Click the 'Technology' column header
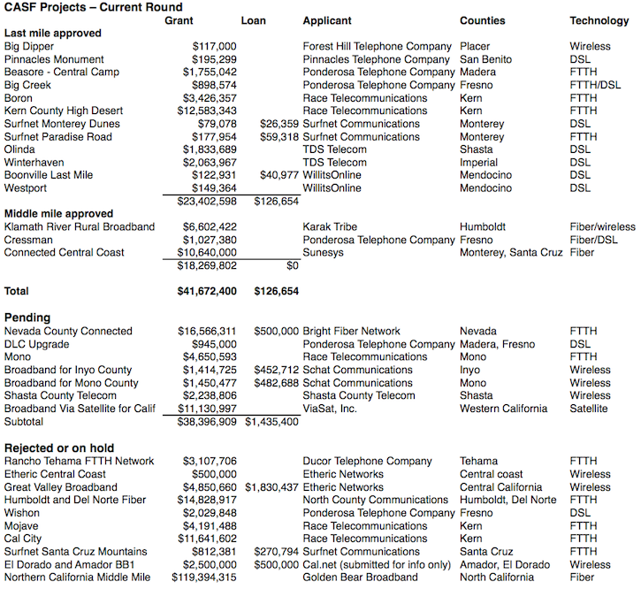point(599,20)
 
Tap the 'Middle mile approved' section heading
point(59,214)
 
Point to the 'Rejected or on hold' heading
point(59,447)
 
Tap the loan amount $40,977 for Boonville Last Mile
point(279,175)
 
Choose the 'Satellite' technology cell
point(589,409)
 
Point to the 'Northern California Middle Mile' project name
point(78,578)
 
